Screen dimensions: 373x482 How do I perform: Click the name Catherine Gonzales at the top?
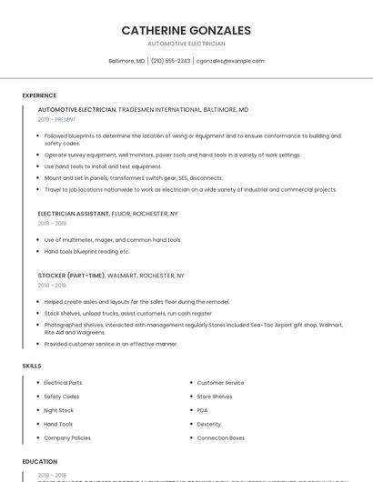(186, 30)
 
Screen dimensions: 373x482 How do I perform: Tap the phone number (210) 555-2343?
(171, 61)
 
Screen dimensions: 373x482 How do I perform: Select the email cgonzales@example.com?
(230, 61)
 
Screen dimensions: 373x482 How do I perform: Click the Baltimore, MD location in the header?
(126, 61)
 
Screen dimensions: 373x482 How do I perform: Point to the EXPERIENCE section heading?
(39, 95)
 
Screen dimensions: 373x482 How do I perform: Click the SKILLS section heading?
(32, 366)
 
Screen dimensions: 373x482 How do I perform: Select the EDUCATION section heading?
(40, 462)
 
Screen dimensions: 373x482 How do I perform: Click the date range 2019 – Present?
(57, 119)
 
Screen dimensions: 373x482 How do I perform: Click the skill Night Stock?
(59, 410)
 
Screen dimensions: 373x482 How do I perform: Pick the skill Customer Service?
(220, 383)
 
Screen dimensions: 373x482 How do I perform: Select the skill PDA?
(203, 410)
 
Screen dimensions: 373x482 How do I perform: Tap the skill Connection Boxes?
(221, 437)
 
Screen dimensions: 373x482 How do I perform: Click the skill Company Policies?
(67, 437)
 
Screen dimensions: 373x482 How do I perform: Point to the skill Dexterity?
(209, 424)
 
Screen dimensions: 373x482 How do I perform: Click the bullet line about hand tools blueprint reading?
(87, 251)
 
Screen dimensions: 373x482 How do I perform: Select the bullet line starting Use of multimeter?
(113, 240)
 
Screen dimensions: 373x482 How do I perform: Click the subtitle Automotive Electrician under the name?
(186, 44)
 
